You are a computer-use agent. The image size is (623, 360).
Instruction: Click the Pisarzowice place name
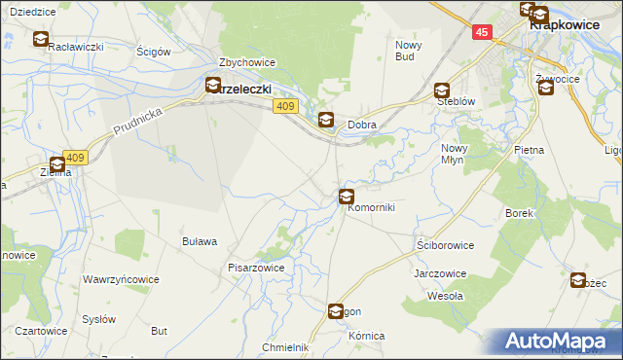coord(256,267)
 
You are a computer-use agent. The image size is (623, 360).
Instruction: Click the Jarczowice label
coord(440,273)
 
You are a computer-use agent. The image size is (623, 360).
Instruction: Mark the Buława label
coord(199,241)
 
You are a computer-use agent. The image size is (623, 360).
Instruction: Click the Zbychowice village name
coord(247,62)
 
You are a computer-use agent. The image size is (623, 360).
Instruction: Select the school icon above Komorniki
coord(346,198)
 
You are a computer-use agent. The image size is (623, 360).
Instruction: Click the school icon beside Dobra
coord(326,121)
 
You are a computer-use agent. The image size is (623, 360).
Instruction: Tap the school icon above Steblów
coord(442,90)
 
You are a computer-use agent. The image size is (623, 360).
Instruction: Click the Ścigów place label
coord(154,51)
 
